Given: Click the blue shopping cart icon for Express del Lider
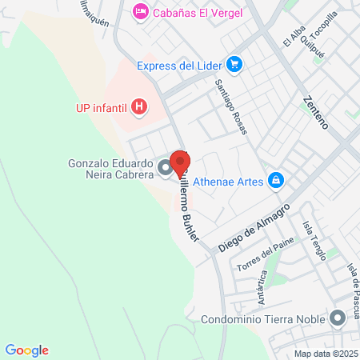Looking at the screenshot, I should [x=234, y=64].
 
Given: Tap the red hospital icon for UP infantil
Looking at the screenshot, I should [x=140, y=106].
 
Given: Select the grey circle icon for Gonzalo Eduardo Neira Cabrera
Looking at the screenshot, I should [x=165, y=168].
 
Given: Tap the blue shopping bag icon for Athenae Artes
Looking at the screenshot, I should [x=275, y=180].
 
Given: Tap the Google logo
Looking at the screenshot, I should [x=26, y=350].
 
